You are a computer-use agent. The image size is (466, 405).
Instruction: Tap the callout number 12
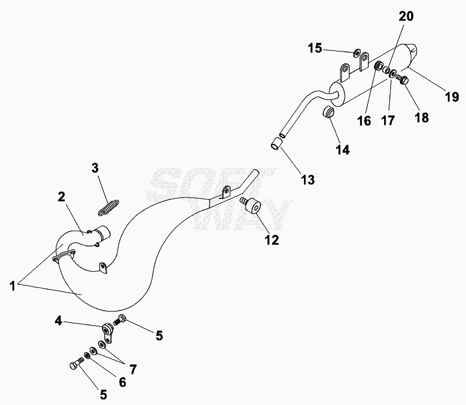click(272, 240)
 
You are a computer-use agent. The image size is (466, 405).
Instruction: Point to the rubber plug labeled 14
click(329, 112)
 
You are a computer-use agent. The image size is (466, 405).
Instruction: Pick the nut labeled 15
click(356, 54)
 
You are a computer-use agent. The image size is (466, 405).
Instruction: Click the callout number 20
click(406, 16)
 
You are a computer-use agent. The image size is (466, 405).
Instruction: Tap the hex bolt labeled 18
click(402, 79)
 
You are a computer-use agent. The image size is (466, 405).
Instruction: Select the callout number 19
click(452, 97)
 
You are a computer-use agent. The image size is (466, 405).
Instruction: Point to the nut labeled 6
click(87, 355)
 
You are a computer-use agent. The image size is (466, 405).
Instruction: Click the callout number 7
click(133, 370)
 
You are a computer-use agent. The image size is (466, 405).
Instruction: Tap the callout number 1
click(12, 286)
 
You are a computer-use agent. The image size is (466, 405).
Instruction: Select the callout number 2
click(61, 197)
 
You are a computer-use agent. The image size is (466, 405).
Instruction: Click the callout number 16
click(364, 121)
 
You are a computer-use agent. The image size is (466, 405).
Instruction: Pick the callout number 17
click(388, 120)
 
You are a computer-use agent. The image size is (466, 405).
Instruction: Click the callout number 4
click(58, 321)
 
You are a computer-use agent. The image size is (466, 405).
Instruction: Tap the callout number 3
click(95, 168)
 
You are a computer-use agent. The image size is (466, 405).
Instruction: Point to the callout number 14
click(343, 150)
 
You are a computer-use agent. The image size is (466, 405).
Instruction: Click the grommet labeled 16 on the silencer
click(378, 66)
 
